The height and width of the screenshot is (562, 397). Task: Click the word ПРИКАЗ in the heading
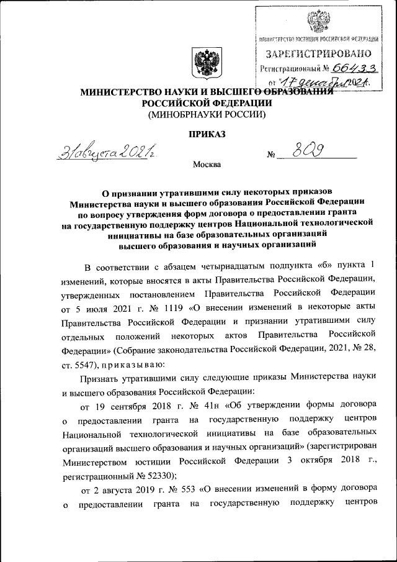pos(207,134)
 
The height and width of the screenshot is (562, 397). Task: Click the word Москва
pos(207,165)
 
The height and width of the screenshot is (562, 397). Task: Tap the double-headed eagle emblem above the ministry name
pos(205,65)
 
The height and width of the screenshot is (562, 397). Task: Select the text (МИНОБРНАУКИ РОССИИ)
pos(207,114)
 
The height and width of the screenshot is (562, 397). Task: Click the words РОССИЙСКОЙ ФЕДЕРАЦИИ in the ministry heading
pos(207,103)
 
